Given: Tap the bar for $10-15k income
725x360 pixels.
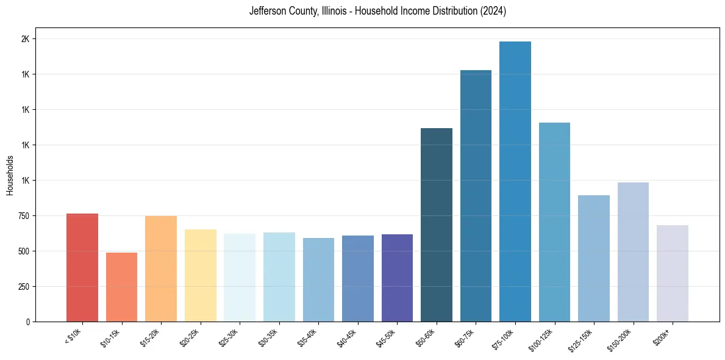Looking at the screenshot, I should coord(121,287).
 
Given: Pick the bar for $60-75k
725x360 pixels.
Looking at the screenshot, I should coord(476,196).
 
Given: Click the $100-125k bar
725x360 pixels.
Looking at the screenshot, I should coord(554,222).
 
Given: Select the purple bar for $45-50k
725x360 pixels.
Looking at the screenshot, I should coord(397,278).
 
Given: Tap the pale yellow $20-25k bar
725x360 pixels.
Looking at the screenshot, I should coord(200,275).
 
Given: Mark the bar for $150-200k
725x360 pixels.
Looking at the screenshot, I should coord(633,252).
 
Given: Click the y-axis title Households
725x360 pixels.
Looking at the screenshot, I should coord(10,175).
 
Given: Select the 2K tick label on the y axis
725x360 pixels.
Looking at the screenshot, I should coord(26,39).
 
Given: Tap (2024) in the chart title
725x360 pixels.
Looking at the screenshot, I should coord(493,11).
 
